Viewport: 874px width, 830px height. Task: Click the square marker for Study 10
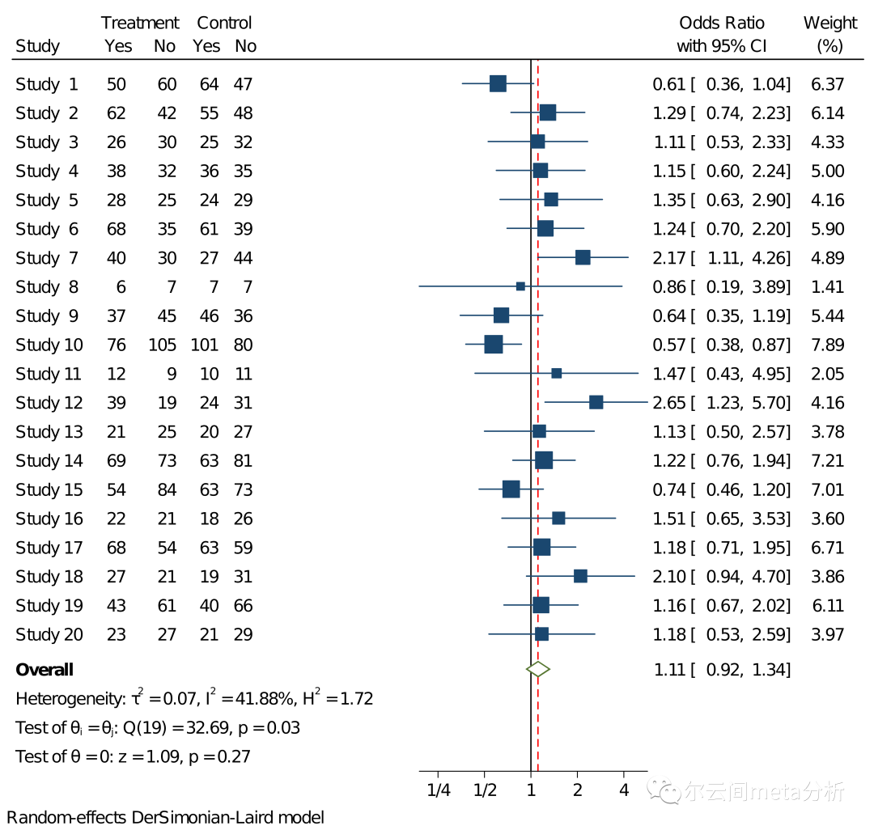pos(493,345)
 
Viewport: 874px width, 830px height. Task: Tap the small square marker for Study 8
pos(520,286)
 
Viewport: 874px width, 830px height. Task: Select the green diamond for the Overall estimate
pos(537,669)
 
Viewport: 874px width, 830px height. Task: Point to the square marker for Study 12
pos(596,402)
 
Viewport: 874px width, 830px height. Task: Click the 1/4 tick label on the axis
pos(438,790)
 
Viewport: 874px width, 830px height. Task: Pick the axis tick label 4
pos(624,790)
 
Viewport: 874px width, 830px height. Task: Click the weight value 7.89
pos(827,345)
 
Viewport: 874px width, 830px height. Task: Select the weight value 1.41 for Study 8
pos(827,287)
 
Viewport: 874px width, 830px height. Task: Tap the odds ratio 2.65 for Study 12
pos(668,403)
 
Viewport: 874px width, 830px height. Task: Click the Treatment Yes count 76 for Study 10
pos(117,345)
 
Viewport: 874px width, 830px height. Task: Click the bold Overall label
pos(45,670)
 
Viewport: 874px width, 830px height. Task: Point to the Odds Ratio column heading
pos(721,23)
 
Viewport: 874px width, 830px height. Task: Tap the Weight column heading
pos(829,23)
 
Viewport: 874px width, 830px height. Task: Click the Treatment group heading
pos(140,23)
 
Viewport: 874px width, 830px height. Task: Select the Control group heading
pos(224,23)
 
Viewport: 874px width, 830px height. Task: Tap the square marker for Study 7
pos(583,257)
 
